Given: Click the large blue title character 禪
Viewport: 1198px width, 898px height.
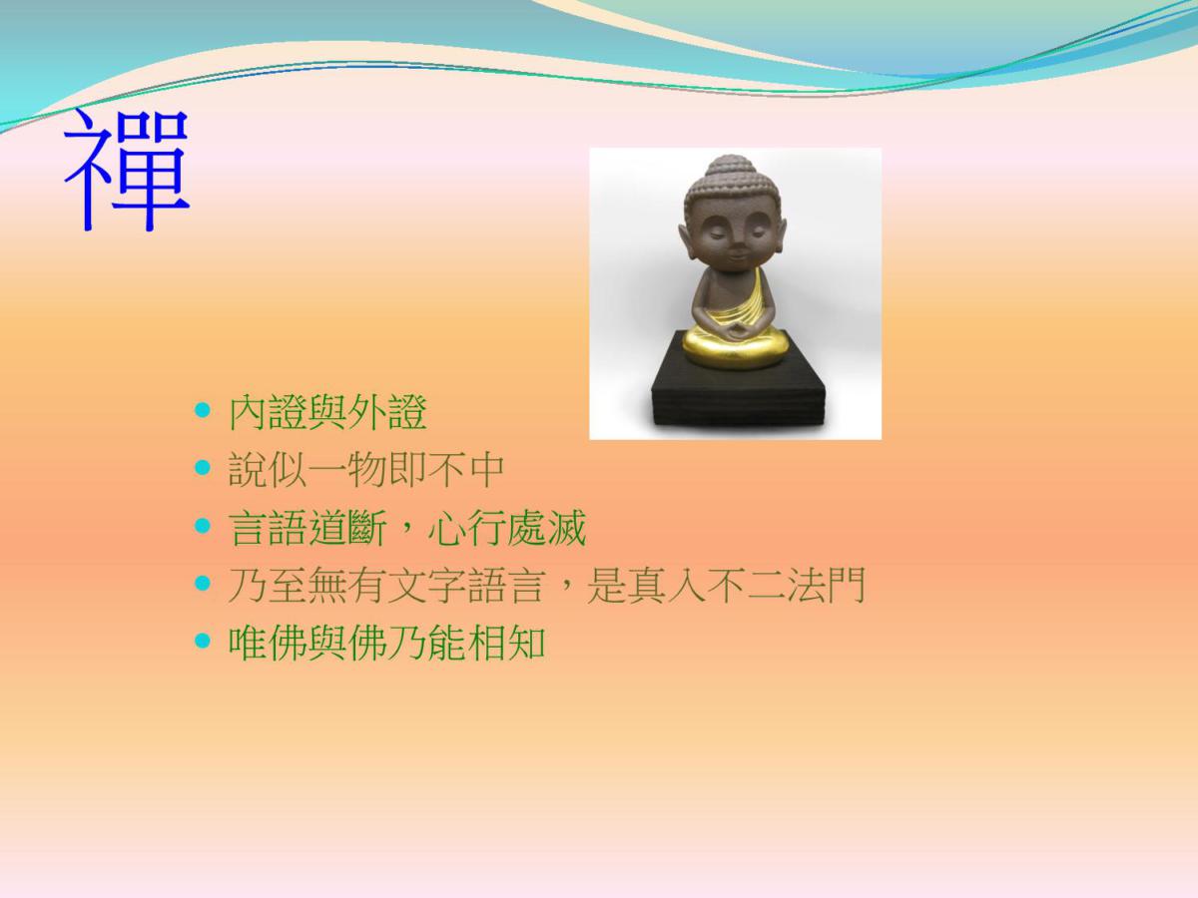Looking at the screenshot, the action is click(x=126, y=170).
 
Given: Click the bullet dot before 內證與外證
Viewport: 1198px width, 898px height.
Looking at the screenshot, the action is click(x=203, y=410).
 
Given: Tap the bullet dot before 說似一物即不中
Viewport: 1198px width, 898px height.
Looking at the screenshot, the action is click(x=203, y=467).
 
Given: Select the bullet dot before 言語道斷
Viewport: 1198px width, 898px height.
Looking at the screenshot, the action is click(x=203, y=526).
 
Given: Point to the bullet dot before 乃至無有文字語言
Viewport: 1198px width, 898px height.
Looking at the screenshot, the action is click(x=203, y=583).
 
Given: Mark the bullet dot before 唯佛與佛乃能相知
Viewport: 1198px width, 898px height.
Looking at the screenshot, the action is click(x=203, y=641).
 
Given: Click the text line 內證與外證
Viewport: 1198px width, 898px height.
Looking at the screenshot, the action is click(x=327, y=412).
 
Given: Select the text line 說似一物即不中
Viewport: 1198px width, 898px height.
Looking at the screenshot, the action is click(x=366, y=469).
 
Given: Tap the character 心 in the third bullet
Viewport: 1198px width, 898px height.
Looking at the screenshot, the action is click(x=447, y=528).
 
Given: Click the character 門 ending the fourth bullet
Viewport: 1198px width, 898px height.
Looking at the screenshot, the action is click(x=847, y=585).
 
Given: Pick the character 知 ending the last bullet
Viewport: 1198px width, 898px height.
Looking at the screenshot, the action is click(x=527, y=643).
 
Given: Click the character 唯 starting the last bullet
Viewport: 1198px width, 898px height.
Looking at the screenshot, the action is click(x=248, y=643).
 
